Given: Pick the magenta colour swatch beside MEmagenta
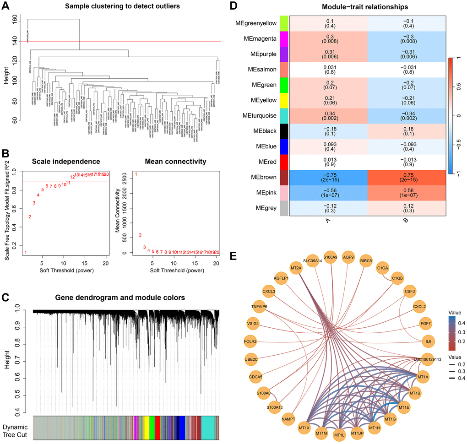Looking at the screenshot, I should coord(283,37).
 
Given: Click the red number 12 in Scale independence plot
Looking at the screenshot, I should coord(72,177).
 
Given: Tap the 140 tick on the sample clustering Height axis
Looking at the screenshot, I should coord(21,41).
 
